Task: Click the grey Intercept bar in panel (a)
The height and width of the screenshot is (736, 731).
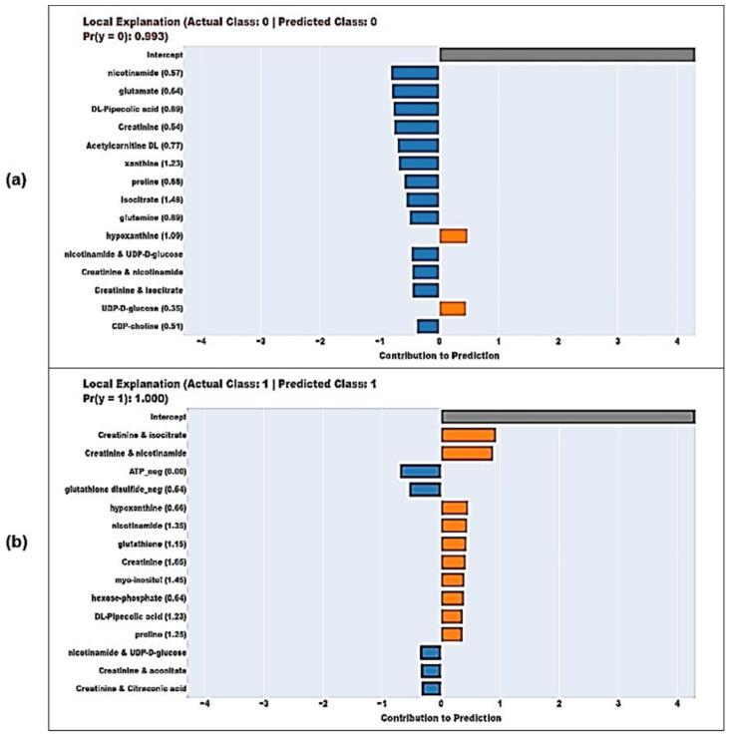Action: (566, 55)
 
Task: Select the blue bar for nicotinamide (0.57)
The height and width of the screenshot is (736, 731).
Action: (415, 73)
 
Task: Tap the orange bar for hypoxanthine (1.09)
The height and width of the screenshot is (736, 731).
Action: (453, 235)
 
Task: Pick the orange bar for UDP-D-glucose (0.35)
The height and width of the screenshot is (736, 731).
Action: (452, 308)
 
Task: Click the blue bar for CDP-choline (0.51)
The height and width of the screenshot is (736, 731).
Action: (428, 326)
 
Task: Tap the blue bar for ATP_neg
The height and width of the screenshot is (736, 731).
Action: (420, 471)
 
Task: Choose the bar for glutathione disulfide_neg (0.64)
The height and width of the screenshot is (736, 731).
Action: (425, 489)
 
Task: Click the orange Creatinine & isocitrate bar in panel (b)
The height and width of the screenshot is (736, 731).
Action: (468, 435)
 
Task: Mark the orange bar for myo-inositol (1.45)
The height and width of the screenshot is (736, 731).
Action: (452, 579)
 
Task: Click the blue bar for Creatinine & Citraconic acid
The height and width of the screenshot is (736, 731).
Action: (431, 688)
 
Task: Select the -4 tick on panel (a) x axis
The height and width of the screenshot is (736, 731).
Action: (202, 340)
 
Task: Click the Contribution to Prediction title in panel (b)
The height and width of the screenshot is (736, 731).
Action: (439, 716)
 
